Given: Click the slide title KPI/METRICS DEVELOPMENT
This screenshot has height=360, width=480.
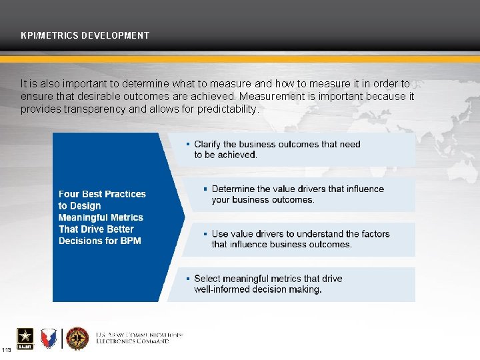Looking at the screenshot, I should tap(85, 35).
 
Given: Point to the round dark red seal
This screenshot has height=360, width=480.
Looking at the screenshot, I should tap(77, 339).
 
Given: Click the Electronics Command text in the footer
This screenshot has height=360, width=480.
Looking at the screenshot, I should tap(133, 341).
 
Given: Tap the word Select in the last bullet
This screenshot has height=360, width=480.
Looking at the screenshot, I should tap(207, 279).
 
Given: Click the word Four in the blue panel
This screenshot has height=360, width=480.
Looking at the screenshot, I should tap(70, 194).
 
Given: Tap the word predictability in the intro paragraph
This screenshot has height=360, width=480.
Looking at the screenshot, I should tap(227, 109).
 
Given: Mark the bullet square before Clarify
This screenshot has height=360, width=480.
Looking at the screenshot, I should tap(188, 144).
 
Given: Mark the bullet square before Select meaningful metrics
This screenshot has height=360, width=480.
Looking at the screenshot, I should tap(188, 279).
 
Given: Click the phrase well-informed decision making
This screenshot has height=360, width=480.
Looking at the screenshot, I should tap(258, 289).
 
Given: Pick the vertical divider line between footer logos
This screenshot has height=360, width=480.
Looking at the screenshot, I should tap(63, 339).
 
